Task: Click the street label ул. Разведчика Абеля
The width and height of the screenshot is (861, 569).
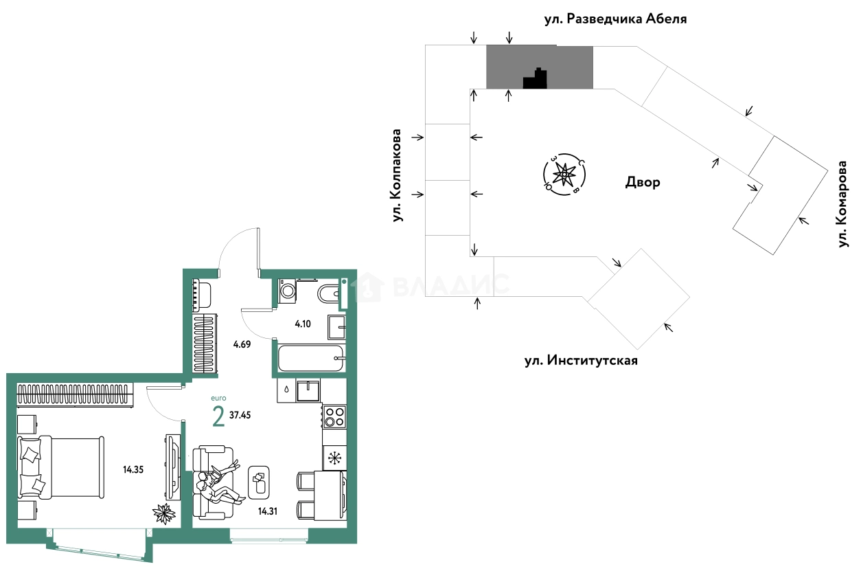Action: click(x=615, y=19)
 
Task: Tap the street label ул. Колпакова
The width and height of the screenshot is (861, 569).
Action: click(x=397, y=175)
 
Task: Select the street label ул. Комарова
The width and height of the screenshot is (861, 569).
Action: click(x=842, y=204)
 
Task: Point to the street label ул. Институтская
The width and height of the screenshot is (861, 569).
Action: click(x=581, y=361)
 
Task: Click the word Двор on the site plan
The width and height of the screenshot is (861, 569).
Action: click(x=643, y=182)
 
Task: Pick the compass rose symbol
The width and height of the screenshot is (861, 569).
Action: click(x=564, y=175)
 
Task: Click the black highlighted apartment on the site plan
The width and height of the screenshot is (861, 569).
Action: click(x=536, y=78)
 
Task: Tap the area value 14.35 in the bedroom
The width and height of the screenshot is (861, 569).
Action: click(x=133, y=469)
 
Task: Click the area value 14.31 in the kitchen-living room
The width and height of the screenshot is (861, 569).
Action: click(x=268, y=511)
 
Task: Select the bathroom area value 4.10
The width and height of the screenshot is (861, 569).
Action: click(x=303, y=324)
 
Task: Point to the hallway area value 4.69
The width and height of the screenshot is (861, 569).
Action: click(x=242, y=344)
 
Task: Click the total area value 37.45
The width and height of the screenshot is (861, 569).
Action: click(x=240, y=415)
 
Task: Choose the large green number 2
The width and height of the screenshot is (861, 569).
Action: click(x=218, y=416)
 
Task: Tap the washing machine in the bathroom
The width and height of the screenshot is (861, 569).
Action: click(x=287, y=291)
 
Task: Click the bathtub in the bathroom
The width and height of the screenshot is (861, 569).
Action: click(x=310, y=358)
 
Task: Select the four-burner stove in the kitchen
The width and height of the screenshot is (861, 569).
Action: click(x=334, y=416)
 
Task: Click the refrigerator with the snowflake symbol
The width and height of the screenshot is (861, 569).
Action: click(x=334, y=458)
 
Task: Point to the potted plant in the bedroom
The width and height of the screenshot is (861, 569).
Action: click(x=164, y=513)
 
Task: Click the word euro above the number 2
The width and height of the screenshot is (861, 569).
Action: click(x=219, y=398)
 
